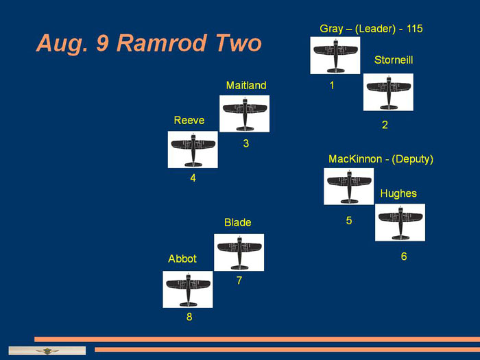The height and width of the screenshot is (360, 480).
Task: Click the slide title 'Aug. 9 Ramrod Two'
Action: pyautogui.click(x=149, y=43)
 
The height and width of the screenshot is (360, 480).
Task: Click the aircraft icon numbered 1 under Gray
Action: pyautogui.click(x=335, y=56)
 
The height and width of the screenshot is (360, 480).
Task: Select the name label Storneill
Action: pyautogui.click(x=394, y=60)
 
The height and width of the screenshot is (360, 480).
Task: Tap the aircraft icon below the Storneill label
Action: pyautogui.click(x=388, y=92)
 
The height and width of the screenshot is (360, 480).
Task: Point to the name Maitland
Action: pyautogui.click(x=246, y=86)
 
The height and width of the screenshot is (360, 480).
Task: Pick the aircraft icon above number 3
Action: pyautogui.click(x=245, y=114)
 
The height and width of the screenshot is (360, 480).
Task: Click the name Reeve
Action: pyautogui.click(x=189, y=120)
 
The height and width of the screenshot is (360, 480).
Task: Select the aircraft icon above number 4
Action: pyautogui.click(x=193, y=149)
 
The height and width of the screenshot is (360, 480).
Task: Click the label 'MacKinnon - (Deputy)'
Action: pyautogui.click(x=381, y=159)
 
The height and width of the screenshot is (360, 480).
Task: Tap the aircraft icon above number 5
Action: pyautogui.click(x=348, y=186)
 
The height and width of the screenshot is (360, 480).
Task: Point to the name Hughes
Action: pyautogui.click(x=398, y=194)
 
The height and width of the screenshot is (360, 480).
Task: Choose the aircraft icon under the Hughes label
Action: pyautogui.click(x=400, y=222)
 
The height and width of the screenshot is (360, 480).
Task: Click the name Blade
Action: pyautogui.click(x=237, y=223)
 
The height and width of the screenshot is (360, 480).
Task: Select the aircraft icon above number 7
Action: pyautogui.click(x=239, y=252)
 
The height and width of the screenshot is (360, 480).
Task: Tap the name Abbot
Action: pyautogui.click(x=182, y=259)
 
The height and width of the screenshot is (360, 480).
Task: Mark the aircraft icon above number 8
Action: pyautogui.click(x=188, y=289)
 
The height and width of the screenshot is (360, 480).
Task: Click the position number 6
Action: pyautogui.click(x=404, y=256)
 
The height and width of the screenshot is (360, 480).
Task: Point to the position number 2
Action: pyautogui.click(x=385, y=125)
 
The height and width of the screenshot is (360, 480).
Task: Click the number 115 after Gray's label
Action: pyautogui.click(x=414, y=29)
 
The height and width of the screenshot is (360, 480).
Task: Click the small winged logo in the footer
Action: pyautogui.click(x=47, y=351)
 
